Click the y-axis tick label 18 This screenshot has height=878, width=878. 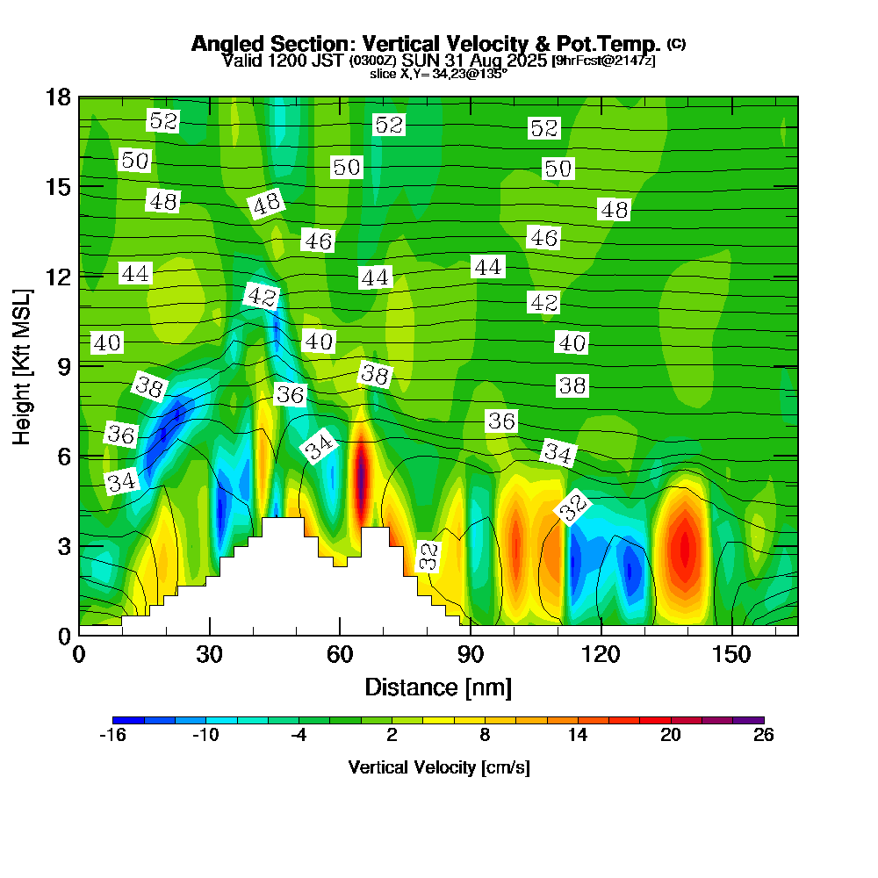click(x=58, y=97)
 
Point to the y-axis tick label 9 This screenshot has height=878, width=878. click(x=64, y=365)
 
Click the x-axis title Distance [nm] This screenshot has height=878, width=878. click(x=438, y=687)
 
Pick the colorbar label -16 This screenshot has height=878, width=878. click(x=113, y=736)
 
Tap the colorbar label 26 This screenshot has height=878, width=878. click(x=763, y=736)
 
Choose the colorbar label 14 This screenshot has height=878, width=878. click(x=578, y=736)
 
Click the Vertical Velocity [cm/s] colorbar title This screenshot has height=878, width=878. click(x=438, y=767)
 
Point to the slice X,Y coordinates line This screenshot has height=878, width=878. click(x=438, y=74)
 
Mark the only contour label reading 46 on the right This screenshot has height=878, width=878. click(x=543, y=237)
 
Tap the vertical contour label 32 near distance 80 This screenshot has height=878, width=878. click(x=428, y=557)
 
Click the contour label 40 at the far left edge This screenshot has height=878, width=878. click(x=106, y=342)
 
